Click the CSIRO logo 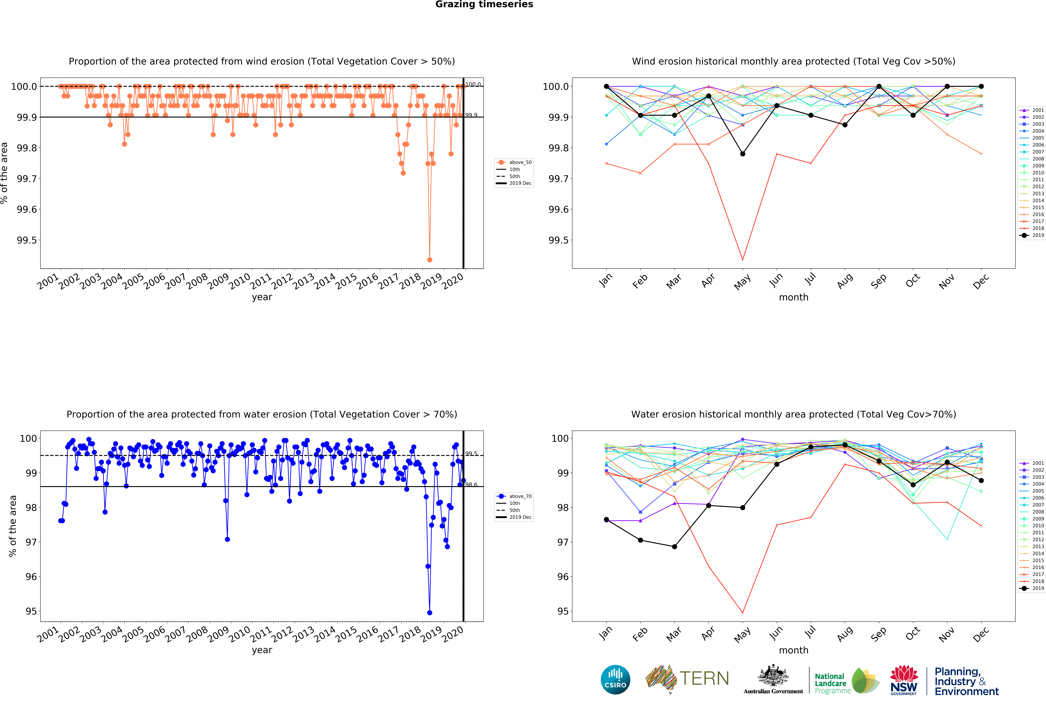click(615, 680)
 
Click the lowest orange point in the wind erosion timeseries click(429, 260)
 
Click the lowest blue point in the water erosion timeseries click(429, 612)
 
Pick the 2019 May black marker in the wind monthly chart click(743, 154)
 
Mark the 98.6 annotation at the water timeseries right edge click(471, 485)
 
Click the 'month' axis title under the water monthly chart click(793, 650)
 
